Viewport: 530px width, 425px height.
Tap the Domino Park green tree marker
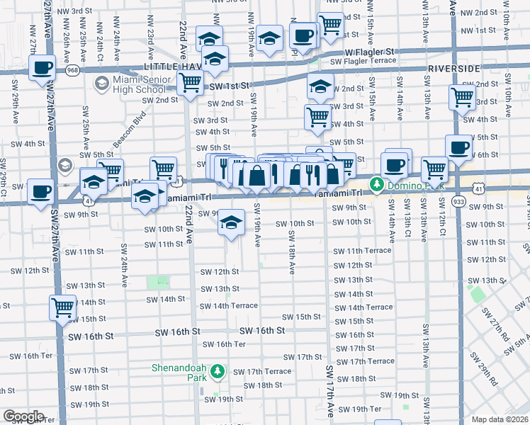tap(377, 185)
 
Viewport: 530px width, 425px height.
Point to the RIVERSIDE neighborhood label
tap(454, 69)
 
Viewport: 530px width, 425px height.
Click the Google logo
tap(23, 416)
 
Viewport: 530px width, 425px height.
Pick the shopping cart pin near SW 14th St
tap(63, 307)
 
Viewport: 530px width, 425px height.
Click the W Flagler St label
tap(368, 52)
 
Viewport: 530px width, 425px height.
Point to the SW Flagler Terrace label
tap(363, 61)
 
